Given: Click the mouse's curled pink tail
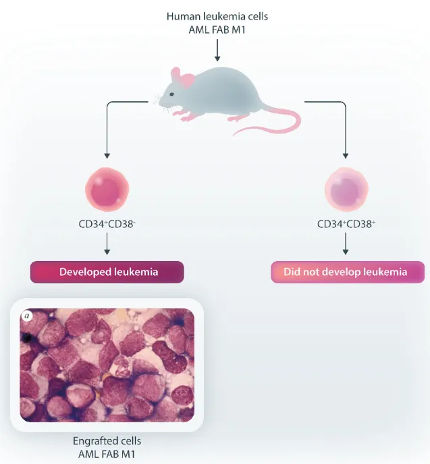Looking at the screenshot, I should click(x=284, y=125).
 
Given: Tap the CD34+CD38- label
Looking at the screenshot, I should click(x=107, y=223).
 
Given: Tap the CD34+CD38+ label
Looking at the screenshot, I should click(x=346, y=223).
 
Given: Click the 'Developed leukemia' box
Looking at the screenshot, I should click(x=107, y=272).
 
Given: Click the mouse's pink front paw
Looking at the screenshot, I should click(x=188, y=118).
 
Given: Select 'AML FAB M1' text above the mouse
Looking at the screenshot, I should click(x=215, y=30).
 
